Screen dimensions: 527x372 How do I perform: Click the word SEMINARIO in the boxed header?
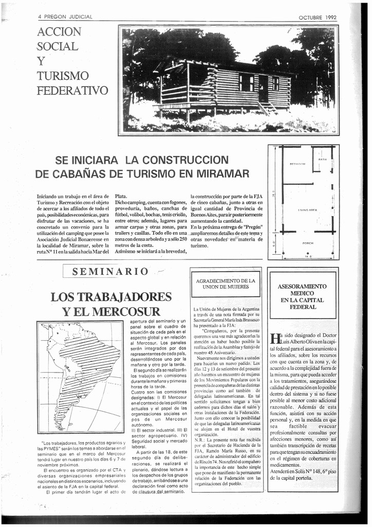[110, 272]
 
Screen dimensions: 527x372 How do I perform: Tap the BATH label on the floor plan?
[323, 160]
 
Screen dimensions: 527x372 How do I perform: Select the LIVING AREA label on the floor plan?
[307, 210]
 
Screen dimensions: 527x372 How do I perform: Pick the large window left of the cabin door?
[246, 82]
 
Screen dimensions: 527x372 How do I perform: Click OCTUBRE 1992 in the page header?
[318, 17]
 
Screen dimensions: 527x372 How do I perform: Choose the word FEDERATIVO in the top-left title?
[72, 91]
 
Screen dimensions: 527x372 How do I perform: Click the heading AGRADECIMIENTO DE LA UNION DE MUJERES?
[226, 284]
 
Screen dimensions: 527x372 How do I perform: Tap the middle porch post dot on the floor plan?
[308, 253]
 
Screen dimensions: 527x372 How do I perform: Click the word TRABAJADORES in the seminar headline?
[111, 297]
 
